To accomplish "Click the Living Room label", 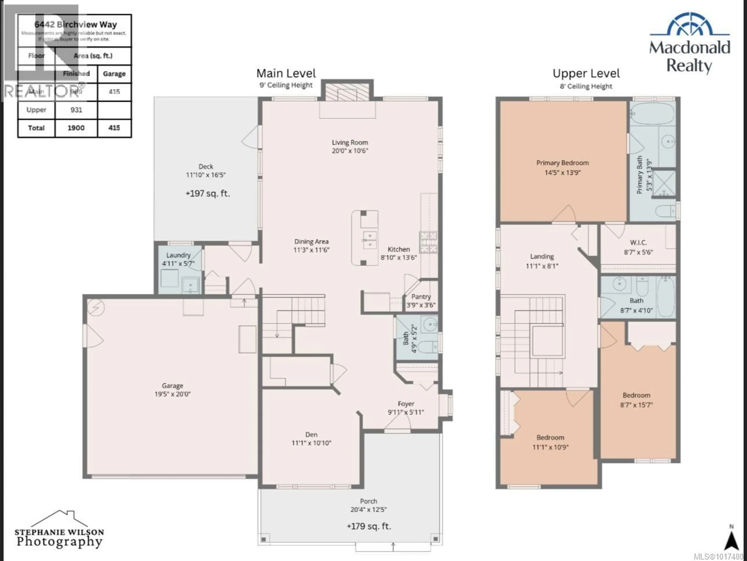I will [350, 143].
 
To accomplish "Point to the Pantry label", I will [421, 296].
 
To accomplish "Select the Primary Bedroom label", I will [562, 163].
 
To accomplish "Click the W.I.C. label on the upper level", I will [638, 243].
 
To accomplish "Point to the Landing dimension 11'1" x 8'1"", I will [542, 266].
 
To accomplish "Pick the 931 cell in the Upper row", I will [76, 110].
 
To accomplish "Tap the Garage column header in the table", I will [114, 74].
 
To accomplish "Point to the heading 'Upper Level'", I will [586, 73].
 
